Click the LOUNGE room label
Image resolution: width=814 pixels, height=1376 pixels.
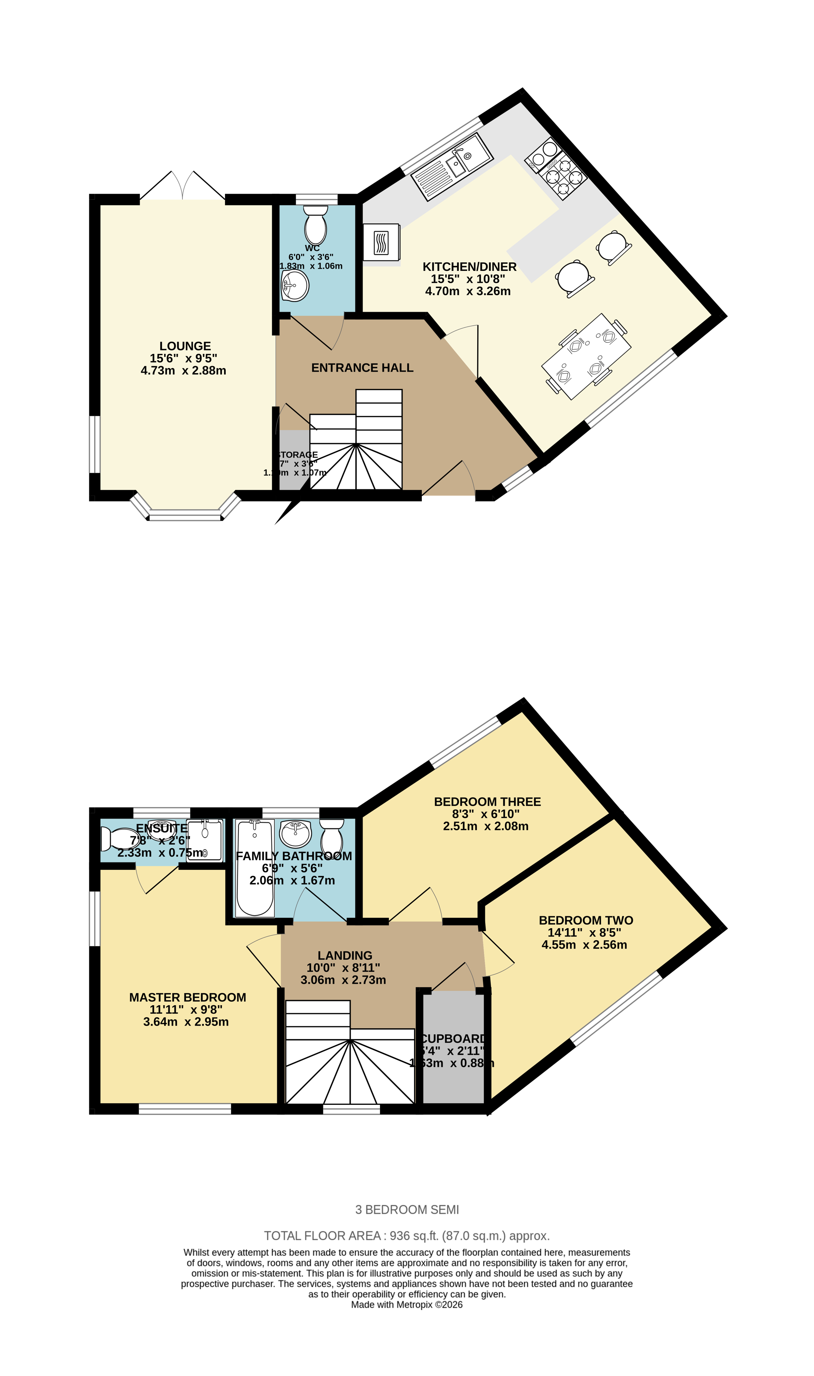(x=185, y=346)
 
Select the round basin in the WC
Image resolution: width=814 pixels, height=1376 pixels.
(x=295, y=285)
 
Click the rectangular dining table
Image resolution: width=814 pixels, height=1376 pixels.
(x=586, y=357)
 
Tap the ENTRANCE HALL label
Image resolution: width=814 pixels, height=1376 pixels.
(x=362, y=368)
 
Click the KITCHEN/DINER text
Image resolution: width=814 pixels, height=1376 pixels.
(x=469, y=267)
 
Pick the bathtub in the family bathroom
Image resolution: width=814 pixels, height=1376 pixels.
(x=255, y=868)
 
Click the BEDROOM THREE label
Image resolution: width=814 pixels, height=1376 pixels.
(x=487, y=802)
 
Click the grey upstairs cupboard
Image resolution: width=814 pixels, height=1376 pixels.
(x=453, y=1075)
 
